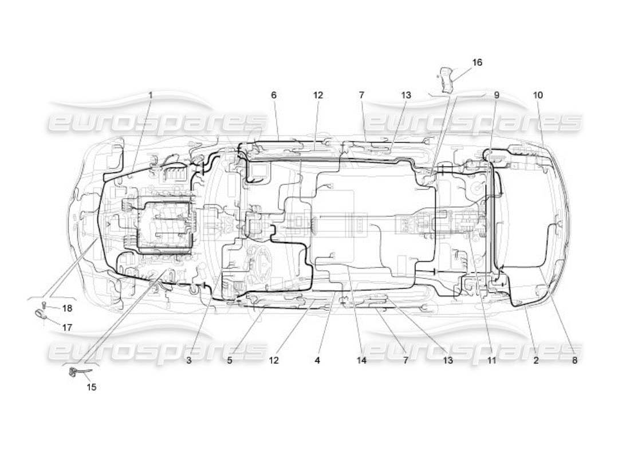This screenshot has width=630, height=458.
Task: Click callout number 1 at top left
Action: tap(151, 95)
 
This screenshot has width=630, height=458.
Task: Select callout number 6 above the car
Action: tap(274, 95)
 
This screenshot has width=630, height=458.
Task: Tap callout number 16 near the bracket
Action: tap(477, 62)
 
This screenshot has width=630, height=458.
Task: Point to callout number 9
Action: tap(497, 95)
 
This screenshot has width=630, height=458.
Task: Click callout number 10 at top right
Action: tap(538, 95)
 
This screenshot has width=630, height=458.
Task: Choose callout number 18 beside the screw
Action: tap(68, 309)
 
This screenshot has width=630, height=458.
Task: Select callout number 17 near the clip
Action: tap(68, 328)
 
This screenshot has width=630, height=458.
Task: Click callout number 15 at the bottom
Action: tap(92, 387)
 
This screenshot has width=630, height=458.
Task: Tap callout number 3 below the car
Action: tap(188, 361)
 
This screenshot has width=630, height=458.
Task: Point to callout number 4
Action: tap(317, 361)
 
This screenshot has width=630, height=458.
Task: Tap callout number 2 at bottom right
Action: tap(535, 361)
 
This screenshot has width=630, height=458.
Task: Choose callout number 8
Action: tap(574, 361)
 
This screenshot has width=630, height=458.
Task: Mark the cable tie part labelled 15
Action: tap(74, 373)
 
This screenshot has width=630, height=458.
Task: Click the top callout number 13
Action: tap(406, 95)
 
